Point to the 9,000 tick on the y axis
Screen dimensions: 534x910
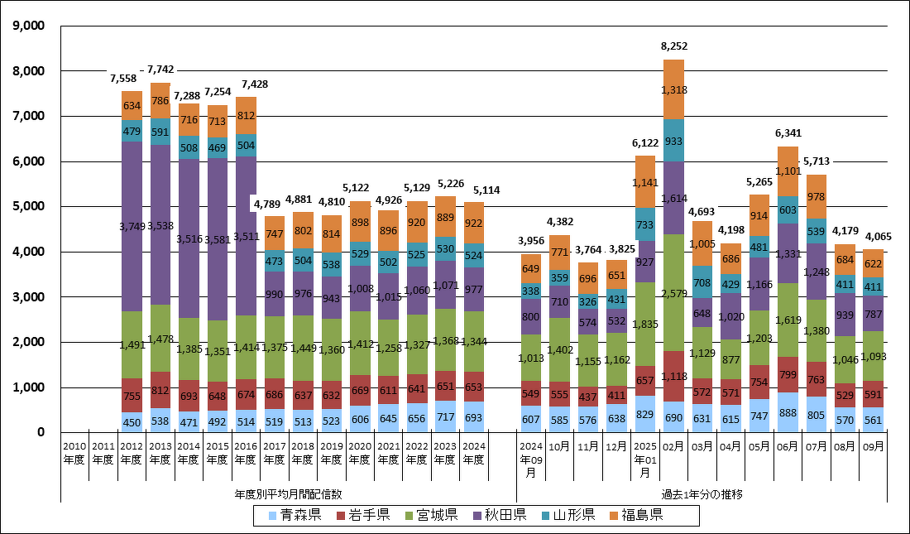coord(30,26)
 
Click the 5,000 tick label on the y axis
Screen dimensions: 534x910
coord(30,206)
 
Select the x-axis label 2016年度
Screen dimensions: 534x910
coord(245,453)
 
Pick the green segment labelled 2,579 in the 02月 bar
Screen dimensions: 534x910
coord(673,293)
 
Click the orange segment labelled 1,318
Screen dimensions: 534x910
coord(673,89)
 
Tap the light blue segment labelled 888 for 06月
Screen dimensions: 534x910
coord(788,412)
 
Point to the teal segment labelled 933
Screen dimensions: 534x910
coord(673,141)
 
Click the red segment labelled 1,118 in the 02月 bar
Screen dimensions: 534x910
coord(673,376)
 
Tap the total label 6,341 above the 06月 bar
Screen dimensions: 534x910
coord(788,132)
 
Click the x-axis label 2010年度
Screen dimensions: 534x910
coord(74,453)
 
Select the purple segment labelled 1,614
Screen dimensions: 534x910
coord(673,199)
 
